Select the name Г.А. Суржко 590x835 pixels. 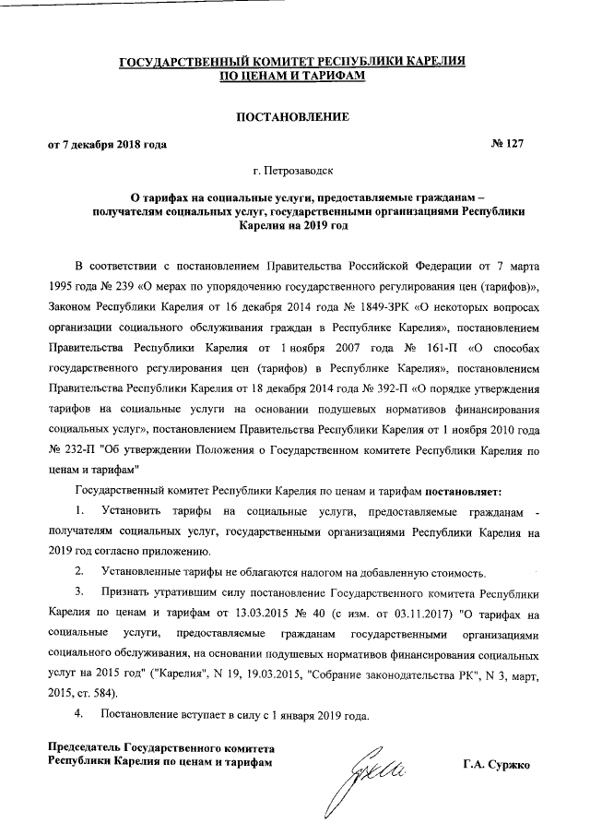tap(503, 766)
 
